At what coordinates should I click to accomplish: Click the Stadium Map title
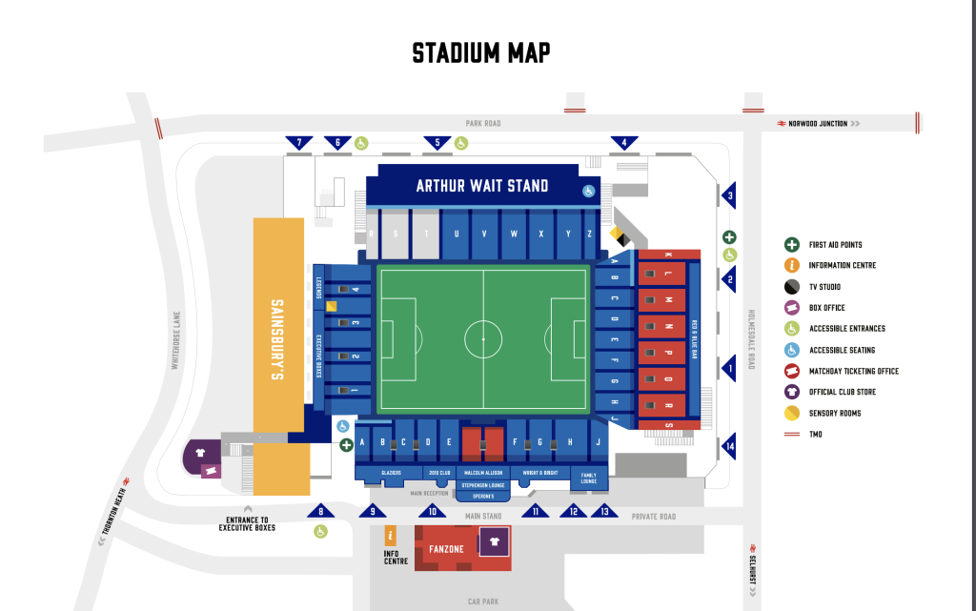coord(480,53)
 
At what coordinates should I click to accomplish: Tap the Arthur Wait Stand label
coord(481,186)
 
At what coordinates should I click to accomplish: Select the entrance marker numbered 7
coord(299,144)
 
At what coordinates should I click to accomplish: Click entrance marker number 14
coord(730,446)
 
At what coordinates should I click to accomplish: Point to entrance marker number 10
coord(433,511)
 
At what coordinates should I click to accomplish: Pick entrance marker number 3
coord(730,197)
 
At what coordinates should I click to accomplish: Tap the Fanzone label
coord(445,549)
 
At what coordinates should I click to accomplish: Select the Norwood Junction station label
coord(817,124)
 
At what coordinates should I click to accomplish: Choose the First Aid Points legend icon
coord(791,245)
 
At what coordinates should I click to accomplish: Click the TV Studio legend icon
coord(791,287)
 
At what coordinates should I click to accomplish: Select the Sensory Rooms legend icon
coord(791,413)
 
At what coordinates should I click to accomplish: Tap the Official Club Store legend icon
coord(791,392)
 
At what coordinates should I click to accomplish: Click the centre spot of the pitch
coord(483,339)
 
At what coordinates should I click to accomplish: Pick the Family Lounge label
coord(588,478)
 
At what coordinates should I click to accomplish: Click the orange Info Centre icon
coord(390,538)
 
